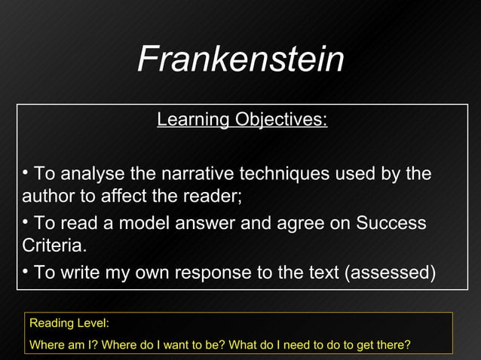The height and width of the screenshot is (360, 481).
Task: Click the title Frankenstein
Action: coord(240,59)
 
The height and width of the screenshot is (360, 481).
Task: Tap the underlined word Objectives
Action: coord(280,120)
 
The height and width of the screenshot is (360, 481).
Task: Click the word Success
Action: coord(391,223)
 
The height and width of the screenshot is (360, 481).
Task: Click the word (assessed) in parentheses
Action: coord(390,272)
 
